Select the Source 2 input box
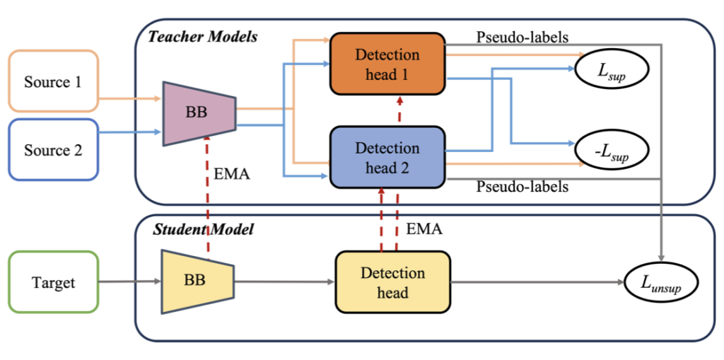pyautogui.click(x=53, y=150)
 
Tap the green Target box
pyautogui.click(x=53, y=281)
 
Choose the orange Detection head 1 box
pyautogui.click(x=387, y=63)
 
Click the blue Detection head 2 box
pyautogui.click(x=387, y=157)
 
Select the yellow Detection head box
pyautogui.click(x=392, y=281)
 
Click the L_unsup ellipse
pyautogui.click(x=661, y=283)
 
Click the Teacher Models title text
pyautogui.click(x=202, y=36)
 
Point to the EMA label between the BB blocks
pyautogui.click(x=231, y=173)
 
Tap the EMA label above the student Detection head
pyautogui.click(x=424, y=229)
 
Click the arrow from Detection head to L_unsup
pyautogui.click(x=537, y=282)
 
